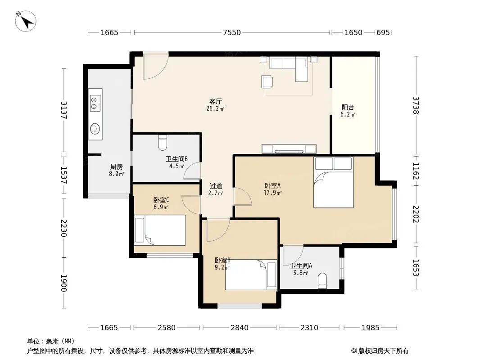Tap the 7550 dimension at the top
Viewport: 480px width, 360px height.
click(232, 32)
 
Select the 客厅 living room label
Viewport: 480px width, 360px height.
click(216, 101)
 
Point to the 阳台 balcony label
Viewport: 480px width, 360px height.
click(348, 108)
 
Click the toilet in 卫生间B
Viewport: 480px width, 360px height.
click(162, 143)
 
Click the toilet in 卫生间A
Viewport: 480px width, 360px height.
click(322, 281)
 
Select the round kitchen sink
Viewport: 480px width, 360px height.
click(95, 129)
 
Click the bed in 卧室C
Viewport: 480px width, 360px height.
click(160, 230)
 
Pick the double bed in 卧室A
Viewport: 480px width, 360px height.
click(333, 183)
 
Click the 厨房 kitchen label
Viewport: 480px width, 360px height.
click(117, 166)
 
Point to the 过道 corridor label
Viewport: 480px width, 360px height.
click(216, 186)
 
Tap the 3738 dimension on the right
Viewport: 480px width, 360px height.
click(416, 105)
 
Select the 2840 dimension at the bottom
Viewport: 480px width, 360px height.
click(240, 328)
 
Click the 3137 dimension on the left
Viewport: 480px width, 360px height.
click(63, 110)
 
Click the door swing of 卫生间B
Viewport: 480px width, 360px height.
click(192, 171)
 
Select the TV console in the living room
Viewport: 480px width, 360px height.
click(289, 149)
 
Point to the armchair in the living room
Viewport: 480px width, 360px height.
click(267, 81)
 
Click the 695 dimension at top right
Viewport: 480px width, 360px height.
click(383, 32)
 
